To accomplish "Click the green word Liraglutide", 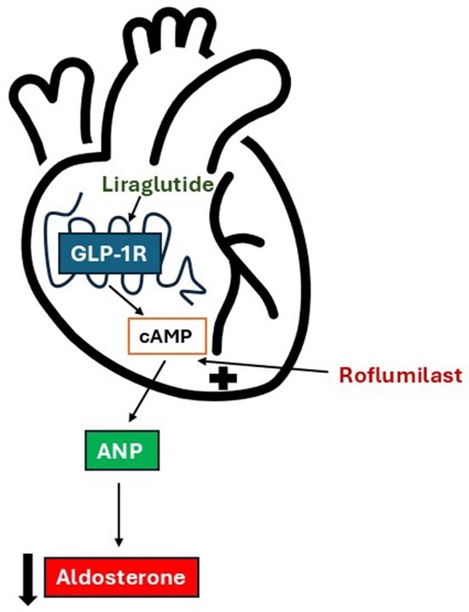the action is [159, 184].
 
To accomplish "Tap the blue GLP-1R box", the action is [109, 253].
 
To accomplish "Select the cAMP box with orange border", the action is [167, 336].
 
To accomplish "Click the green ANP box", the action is [122, 451].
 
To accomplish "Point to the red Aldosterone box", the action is [122, 577].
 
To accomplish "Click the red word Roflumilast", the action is [401, 375].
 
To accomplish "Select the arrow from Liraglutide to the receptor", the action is [135, 209].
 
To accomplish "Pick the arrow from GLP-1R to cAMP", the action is [126, 300].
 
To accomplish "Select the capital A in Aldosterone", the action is [64, 577].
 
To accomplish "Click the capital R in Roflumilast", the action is [346, 375].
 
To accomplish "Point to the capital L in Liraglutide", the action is [107, 184].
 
